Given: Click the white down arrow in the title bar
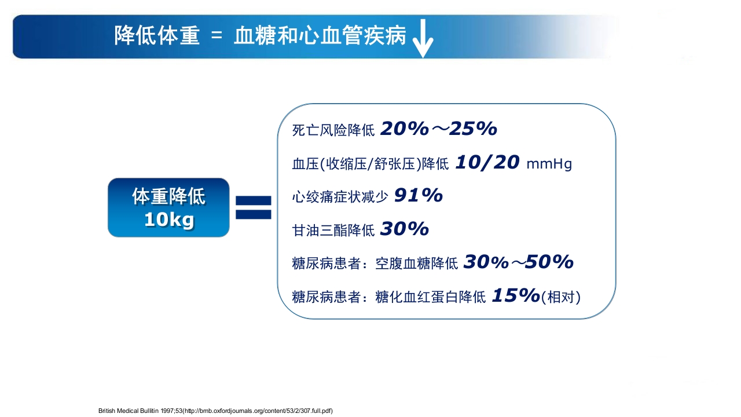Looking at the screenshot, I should [x=423, y=39].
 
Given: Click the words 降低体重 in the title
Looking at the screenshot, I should [x=157, y=36].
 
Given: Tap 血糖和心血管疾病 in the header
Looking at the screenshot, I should [x=320, y=36].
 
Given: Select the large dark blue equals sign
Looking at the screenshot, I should [x=253, y=207].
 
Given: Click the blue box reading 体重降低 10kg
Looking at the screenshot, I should [x=168, y=207].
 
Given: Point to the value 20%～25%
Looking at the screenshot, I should [x=438, y=129].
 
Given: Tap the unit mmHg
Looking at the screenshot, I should [x=549, y=164].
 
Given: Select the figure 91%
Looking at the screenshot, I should [x=418, y=196].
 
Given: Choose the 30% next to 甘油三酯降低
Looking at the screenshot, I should [x=404, y=229].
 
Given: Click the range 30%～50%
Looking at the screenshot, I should [x=518, y=262].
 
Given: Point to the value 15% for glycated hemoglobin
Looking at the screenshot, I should [x=515, y=296].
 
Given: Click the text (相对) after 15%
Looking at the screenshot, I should [x=560, y=298].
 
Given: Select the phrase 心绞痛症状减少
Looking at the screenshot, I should [x=340, y=197].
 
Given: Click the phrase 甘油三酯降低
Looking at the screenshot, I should [x=333, y=231].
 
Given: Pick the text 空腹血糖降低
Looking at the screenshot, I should [x=417, y=264].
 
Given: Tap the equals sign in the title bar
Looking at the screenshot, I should [x=217, y=36].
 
